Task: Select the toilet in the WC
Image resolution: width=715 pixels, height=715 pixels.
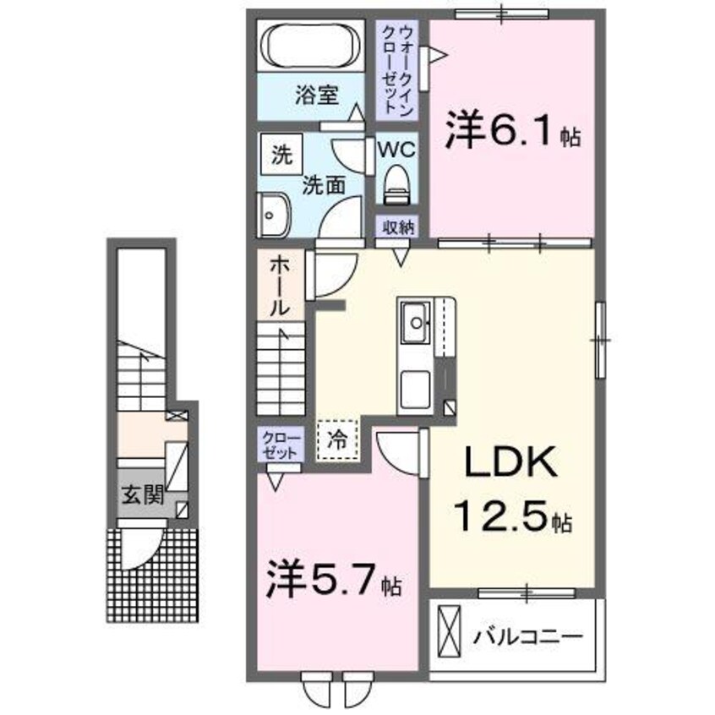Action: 395,184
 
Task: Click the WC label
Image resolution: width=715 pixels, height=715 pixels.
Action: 395,150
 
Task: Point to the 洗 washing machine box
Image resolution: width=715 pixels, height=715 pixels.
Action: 280,156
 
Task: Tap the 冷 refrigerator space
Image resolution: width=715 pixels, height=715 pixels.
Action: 338,439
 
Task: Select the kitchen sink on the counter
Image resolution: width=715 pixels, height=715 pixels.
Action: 415,320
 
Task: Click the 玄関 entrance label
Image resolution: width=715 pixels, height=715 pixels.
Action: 140,495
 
